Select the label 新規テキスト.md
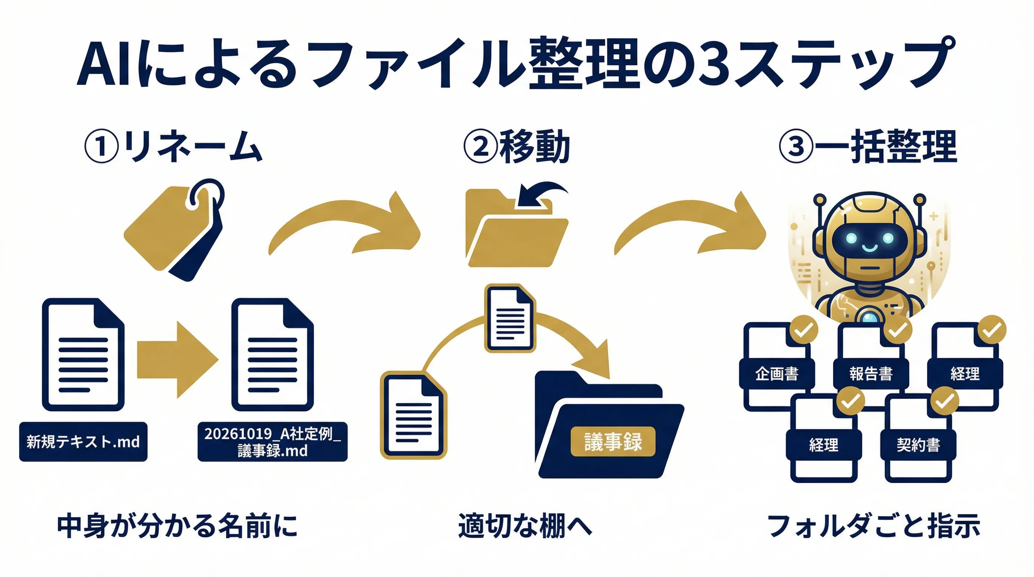[83, 442]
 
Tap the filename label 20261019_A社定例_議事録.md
[272, 442]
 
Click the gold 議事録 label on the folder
[612, 442]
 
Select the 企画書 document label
[777, 374]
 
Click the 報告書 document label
[871, 374]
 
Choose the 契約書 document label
[918, 445]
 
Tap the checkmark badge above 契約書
[945, 401]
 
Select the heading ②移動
[517, 147]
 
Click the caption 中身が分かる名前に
[177, 526]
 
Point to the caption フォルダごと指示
[874, 526]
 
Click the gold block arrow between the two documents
[177, 359]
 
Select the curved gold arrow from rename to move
[345, 225]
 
